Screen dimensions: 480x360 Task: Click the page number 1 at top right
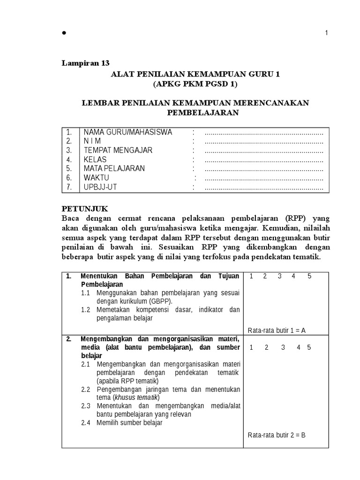(x=326, y=32)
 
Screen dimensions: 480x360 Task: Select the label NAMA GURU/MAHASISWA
(x=127, y=132)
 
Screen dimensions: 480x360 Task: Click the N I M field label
(x=92, y=141)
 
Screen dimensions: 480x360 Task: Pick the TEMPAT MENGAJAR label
(x=118, y=150)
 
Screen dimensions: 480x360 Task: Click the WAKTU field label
(x=96, y=178)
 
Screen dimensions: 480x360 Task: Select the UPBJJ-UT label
(x=100, y=187)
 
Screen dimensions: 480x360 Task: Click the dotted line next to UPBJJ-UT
(x=264, y=188)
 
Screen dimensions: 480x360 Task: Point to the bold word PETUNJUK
(x=85, y=209)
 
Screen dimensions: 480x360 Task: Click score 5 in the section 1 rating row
(x=309, y=276)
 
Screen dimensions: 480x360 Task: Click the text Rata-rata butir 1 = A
(x=277, y=330)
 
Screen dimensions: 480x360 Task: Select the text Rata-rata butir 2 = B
(x=277, y=435)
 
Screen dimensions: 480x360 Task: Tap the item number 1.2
(x=85, y=310)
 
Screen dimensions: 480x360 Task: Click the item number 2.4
(x=85, y=423)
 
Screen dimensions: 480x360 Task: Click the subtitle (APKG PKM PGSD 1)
(x=195, y=84)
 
